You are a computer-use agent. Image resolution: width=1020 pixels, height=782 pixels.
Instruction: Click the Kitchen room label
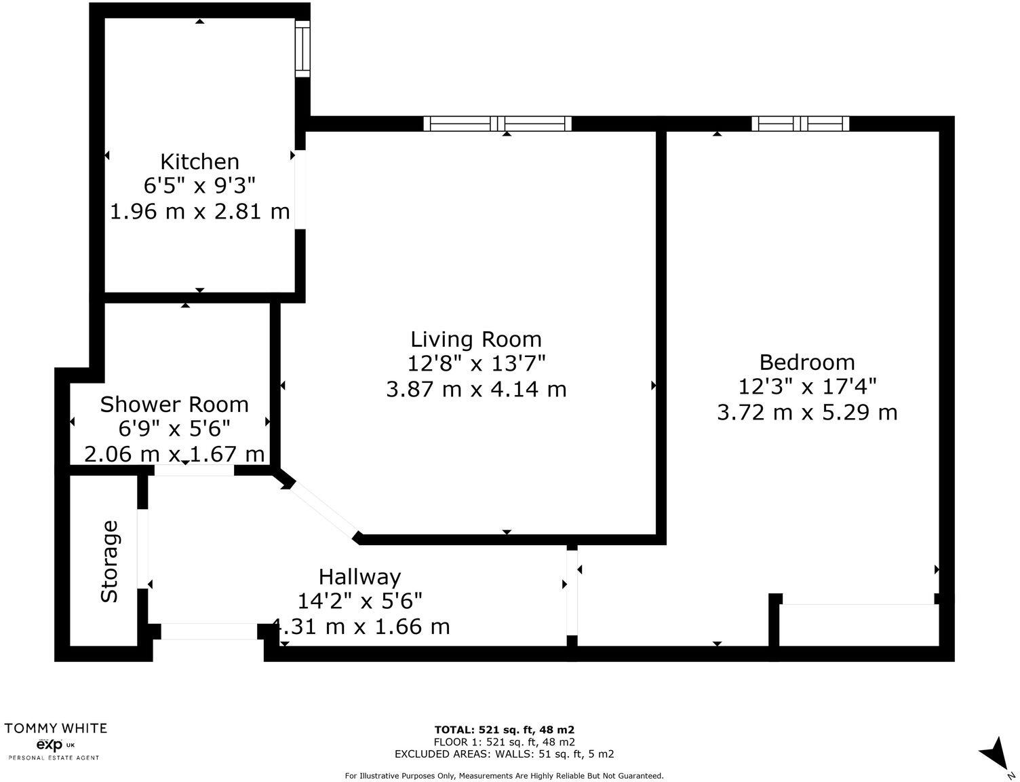199,162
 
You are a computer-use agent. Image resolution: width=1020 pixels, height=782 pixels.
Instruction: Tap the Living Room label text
476,339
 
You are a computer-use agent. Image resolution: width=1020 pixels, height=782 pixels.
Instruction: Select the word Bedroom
807,362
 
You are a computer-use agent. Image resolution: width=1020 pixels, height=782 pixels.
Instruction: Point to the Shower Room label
174,405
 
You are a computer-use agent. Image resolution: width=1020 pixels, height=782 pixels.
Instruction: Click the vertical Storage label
110,561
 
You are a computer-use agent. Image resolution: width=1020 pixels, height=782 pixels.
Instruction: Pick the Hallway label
360,577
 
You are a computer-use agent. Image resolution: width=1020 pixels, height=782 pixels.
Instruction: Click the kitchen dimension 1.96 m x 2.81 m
200,211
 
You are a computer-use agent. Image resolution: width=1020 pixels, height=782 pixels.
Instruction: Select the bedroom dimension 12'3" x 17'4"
807,387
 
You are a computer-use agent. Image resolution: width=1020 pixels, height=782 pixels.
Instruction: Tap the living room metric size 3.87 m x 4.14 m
476,390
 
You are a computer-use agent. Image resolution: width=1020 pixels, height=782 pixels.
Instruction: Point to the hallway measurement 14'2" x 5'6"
360,601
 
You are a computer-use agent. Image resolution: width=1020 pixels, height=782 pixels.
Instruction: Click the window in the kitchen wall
302,48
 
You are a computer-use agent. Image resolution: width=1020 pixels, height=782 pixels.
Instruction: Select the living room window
498,124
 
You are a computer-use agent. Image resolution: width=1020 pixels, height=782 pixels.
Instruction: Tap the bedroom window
800,124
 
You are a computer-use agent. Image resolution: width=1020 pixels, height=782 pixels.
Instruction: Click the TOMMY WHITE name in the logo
56,728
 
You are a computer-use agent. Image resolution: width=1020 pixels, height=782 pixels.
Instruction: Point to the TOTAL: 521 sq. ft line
505,730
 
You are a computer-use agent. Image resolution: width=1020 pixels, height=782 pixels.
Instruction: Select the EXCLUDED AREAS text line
505,753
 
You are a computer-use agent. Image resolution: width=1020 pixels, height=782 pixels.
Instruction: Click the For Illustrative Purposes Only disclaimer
505,775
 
